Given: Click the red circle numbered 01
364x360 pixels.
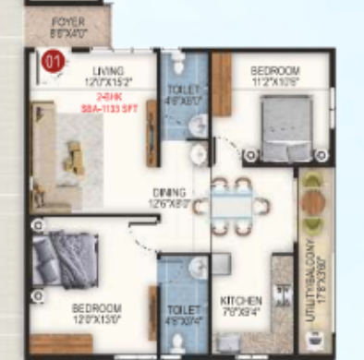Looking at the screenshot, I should (54, 63).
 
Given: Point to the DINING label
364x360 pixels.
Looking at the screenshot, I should (169, 192).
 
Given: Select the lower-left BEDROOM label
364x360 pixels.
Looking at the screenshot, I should (96, 307).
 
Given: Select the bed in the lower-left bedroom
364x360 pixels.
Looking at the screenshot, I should (65, 258).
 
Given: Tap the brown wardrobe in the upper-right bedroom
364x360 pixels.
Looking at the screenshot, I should (222, 84).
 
